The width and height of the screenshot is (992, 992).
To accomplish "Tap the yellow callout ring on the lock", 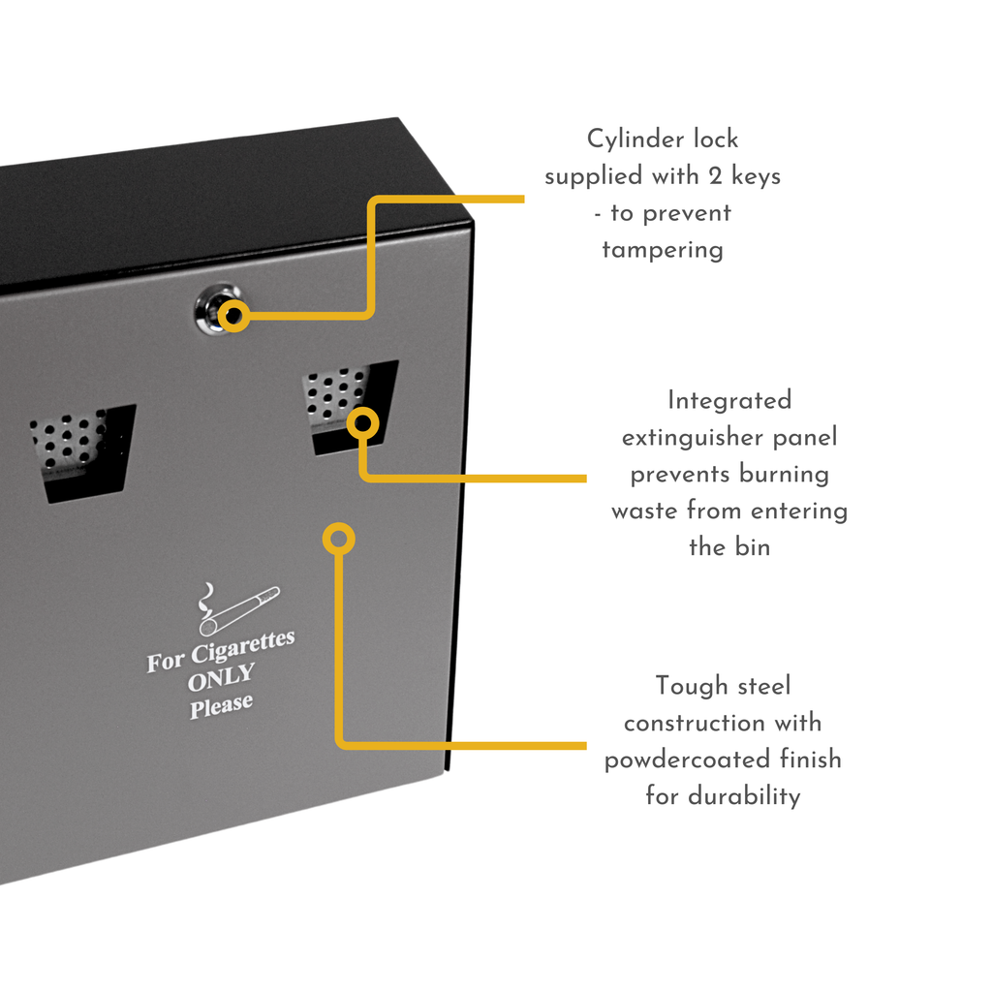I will point(233,316).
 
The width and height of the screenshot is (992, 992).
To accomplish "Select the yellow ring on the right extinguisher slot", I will point(362,422).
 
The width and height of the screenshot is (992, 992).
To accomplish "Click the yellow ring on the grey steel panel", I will point(338,539).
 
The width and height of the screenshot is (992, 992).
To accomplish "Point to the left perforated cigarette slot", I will point(81,450).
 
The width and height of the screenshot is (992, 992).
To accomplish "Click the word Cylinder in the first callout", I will point(635,139).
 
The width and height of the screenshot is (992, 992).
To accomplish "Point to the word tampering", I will point(663,250).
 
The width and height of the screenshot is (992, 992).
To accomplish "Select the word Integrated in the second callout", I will point(729,400).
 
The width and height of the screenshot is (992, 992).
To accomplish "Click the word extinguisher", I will point(693,438).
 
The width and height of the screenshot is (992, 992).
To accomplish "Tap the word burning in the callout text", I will point(784,475).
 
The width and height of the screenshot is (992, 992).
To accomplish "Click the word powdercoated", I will point(687,759).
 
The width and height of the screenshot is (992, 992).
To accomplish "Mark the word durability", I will point(744,796).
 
